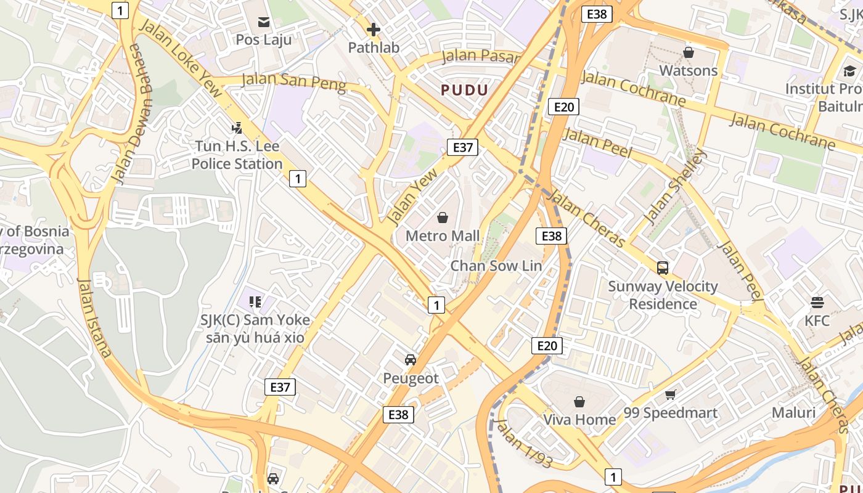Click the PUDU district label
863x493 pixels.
point(464,90)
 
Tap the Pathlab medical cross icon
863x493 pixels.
point(373,29)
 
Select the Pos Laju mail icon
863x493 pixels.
point(264,23)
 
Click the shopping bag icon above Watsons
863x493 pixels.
point(689,52)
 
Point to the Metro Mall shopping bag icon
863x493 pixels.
point(442,218)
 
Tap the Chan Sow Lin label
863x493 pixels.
point(496,266)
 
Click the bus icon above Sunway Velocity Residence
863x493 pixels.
point(663,268)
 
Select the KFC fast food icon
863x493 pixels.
point(817,303)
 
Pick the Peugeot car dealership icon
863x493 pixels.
point(411,360)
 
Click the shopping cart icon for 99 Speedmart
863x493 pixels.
point(670,394)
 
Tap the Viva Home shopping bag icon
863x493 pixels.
point(579,402)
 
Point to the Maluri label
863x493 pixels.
point(793,412)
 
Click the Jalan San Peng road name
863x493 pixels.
point(293,81)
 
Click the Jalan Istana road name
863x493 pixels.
point(94,317)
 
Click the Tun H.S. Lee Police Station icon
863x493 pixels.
point(237,128)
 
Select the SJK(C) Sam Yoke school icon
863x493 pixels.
point(255,301)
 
